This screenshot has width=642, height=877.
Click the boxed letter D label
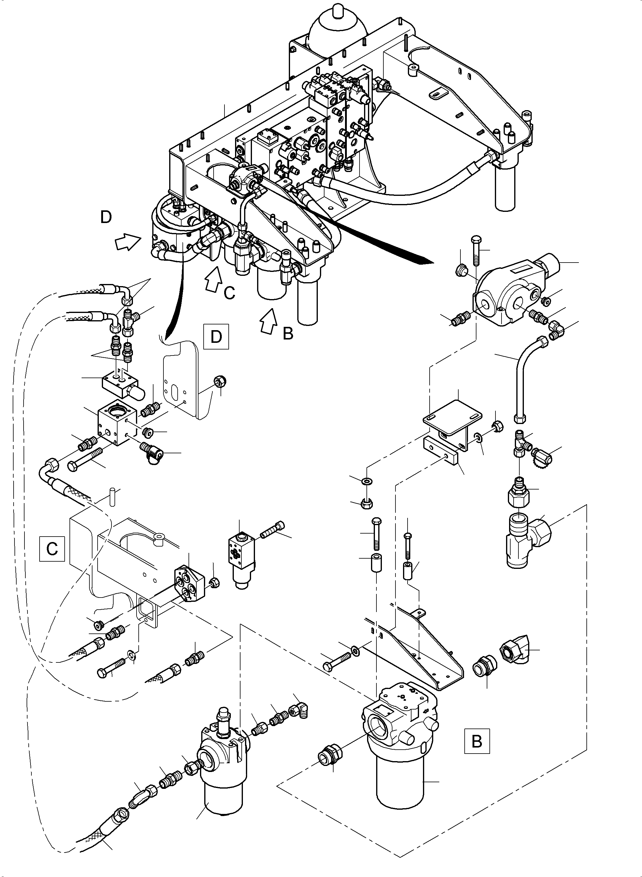[x=216, y=336]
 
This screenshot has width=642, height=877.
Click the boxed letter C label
[x=52, y=549]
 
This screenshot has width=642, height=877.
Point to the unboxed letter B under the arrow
[x=288, y=333]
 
